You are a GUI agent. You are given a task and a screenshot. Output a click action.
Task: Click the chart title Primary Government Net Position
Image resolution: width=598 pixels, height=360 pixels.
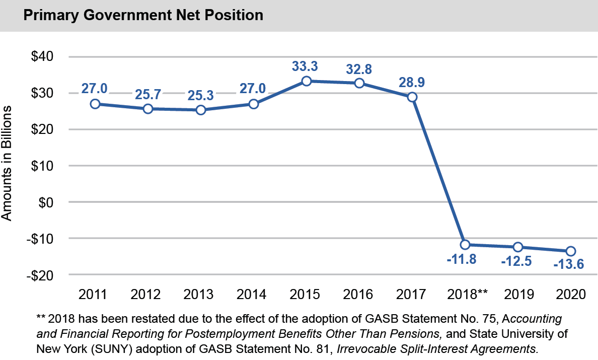pyautogui.click(x=143, y=16)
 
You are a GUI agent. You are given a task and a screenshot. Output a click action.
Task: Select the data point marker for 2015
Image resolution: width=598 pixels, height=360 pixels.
pyautogui.click(x=307, y=81)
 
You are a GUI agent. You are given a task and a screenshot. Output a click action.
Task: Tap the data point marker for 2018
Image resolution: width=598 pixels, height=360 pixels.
pyautogui.click(x=465, y=245)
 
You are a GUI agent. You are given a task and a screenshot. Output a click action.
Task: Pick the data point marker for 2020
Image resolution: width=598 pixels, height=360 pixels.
pyautogui.click(x=571, y=251)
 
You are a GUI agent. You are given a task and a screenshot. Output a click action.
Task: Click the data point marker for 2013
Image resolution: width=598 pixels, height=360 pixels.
pyautogui.click(x=201, y=110)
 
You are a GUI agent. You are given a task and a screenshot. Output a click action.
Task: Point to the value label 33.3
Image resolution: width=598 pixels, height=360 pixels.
pyautogui.click(x=306, y=66)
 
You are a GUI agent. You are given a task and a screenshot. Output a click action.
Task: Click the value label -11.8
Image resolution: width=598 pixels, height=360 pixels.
pyautogui.click(x=461, y=260)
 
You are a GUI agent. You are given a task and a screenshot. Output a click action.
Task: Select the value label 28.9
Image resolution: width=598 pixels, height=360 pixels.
pyautogui.click(x=412, y=82)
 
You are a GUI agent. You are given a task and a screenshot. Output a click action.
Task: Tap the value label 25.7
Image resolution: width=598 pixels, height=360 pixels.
pyautogui.click(x=148, y=94)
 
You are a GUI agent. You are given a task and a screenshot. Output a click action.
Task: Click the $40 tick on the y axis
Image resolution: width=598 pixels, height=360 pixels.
pyautogui.click(x=43, y=57)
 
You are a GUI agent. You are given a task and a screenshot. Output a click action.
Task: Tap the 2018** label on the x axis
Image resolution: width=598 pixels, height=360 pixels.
pyautogui.click(x=468, y=294)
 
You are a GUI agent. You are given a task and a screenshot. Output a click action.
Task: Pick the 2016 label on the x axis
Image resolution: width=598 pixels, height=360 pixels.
pyautogui.click(x=359, y=294)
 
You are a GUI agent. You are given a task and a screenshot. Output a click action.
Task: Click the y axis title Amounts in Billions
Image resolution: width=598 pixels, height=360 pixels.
pyautogui.click(x=7, y=165)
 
